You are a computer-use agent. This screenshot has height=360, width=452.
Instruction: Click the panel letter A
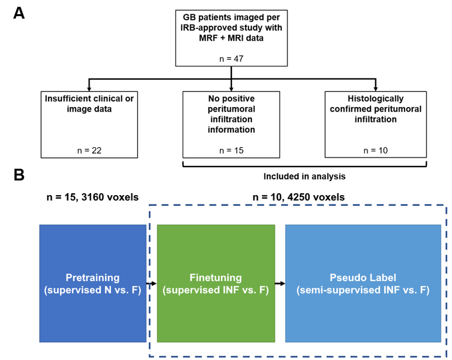pyautogui.click(x=19, y=13)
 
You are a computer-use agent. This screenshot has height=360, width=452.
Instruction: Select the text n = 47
pyautogui.click(x=232, y=59)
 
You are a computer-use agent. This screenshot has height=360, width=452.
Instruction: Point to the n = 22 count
pyautogui.click(x=90, y=150)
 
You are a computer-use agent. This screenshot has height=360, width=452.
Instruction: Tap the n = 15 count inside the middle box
pyautogui.click(x=231, y=150)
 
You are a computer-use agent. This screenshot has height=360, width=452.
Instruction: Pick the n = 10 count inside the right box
pyautogui.click(x=375, y=150)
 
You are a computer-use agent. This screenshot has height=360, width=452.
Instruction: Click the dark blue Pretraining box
pyautogui.click(x=93, y=283)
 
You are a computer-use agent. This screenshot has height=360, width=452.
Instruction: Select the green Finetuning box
pyautogui.click(x=216, y=283)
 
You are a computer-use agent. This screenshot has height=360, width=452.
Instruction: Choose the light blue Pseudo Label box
pyautogui.click(x=363, y=283)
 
